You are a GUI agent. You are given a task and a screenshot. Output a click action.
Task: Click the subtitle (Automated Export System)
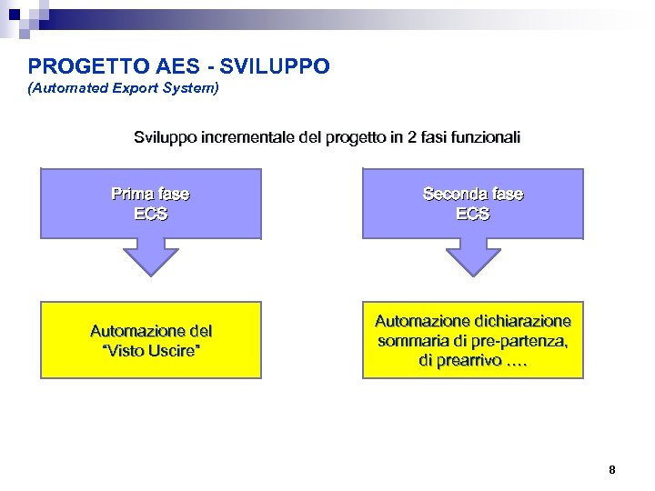[x=123, y=89]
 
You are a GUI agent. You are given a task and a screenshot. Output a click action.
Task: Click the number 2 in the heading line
[x=413, y=138]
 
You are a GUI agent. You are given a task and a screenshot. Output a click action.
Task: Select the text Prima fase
[x=150, y=194]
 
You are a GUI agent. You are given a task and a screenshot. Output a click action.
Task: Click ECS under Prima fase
[x=150, y=215]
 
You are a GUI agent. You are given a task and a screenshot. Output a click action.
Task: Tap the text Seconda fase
[x=473, y=194]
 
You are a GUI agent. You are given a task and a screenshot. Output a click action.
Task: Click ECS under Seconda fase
[x=473, y=215]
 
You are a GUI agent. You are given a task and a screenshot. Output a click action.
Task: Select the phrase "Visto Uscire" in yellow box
[x=151, y=351]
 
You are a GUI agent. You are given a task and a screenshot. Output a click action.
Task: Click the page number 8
[x=611, y=470]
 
